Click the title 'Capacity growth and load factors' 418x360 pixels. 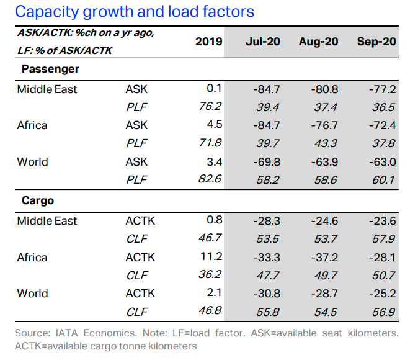tap(135, 12)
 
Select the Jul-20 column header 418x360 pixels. tap(263, 42)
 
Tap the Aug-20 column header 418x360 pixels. tap(319, 42)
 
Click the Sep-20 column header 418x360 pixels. tap(376, 42)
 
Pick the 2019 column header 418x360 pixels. tap(209, 42)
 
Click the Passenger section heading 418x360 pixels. tap(50, 69)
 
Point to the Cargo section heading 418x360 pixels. tap(38, 200)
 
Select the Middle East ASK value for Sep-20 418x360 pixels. tap(383, 89)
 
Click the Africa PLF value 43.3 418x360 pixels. tap(326, 143)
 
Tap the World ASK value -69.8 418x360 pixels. tap(267, 162)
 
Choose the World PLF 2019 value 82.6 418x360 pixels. tap(210, 179)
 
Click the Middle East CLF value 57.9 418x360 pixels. tap(384, 239)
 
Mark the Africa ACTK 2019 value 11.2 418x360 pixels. tap(211, 256)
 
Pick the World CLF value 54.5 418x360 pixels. tap(326, 312)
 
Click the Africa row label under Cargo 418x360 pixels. tap(32, 258)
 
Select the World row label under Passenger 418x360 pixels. tap(32, 162)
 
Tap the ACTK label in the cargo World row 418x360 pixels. tap(140, 294)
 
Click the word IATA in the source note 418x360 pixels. tap(66, 333)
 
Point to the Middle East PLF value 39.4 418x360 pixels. tap(268, 107)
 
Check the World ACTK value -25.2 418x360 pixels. tap(383, 294)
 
